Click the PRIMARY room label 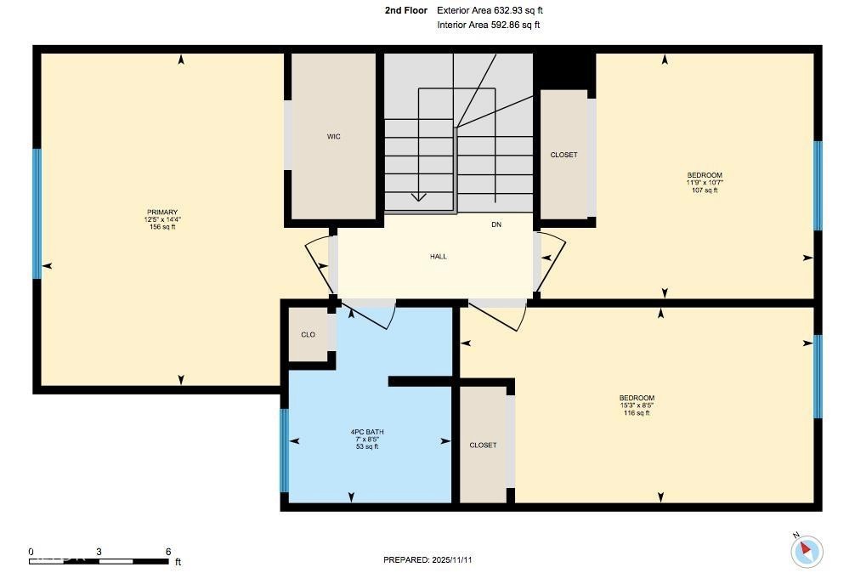coord(162,212)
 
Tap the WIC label coord(334,136)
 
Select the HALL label coord(439,256)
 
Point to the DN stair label coord(496,224)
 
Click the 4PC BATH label coord(367,432)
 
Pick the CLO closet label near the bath coord(308,335)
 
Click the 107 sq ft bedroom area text coord(705,190)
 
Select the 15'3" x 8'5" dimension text coord(637,406)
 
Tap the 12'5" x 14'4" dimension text coord(162,219)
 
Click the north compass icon coord(807,551)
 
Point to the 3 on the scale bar coord(99,552)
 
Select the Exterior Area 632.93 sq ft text coord(490,10)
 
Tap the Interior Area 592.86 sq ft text coord(489,25)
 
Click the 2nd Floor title coord(406,10)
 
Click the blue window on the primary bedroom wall coord(37,213)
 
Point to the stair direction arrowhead coord(419,197)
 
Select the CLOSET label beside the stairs coord(563,155)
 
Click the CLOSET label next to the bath coord(483,445)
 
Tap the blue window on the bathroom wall coord(284,451)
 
